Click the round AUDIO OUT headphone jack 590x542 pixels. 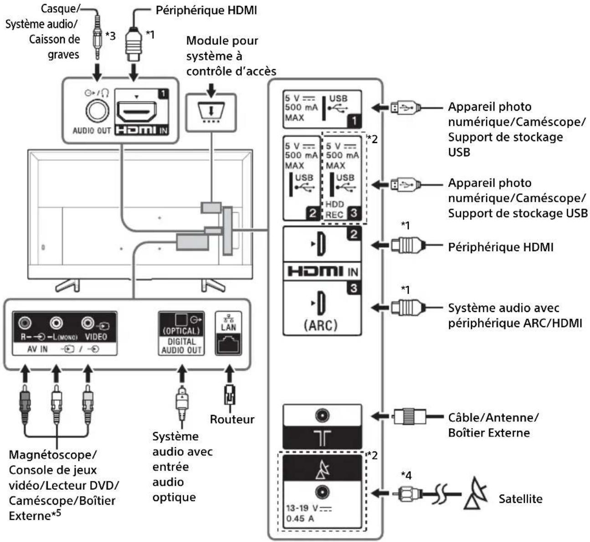coord(97,111)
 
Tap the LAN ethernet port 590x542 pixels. coord(228,344)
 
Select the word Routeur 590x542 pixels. coord(232,419)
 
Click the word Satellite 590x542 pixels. coord(520,499)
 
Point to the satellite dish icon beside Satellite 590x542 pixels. coord(475,494)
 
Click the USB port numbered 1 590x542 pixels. coord(322,109)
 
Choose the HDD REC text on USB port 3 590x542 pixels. coord(334,210)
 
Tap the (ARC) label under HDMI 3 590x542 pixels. coord(320,325)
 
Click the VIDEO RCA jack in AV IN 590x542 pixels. coord(87,323)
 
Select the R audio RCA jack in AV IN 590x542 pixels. coord(25,323)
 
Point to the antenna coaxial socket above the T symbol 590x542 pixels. coord(322,415)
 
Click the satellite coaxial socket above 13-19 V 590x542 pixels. coord(322,492)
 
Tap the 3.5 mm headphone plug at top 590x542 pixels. coord(97,37)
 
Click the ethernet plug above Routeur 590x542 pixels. coord(230,395)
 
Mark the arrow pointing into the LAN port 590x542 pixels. coord(230,374)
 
